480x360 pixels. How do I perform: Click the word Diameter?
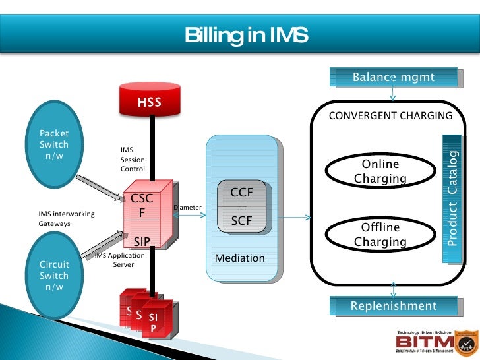coord(187,208)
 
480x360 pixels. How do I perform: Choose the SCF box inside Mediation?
coord(242,221)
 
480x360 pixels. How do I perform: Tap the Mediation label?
coord(240,258)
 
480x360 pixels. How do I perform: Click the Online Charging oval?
coord(380,171)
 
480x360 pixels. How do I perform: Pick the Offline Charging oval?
coord(380,235)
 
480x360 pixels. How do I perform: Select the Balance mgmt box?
coord(394,77)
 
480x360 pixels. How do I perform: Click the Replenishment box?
coord(394,306)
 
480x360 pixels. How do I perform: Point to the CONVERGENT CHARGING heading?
coord(390,116)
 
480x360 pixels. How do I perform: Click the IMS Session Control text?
coord(133,160)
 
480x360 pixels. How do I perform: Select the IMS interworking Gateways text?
coord(66,218)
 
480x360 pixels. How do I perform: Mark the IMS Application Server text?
coord(119,260)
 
